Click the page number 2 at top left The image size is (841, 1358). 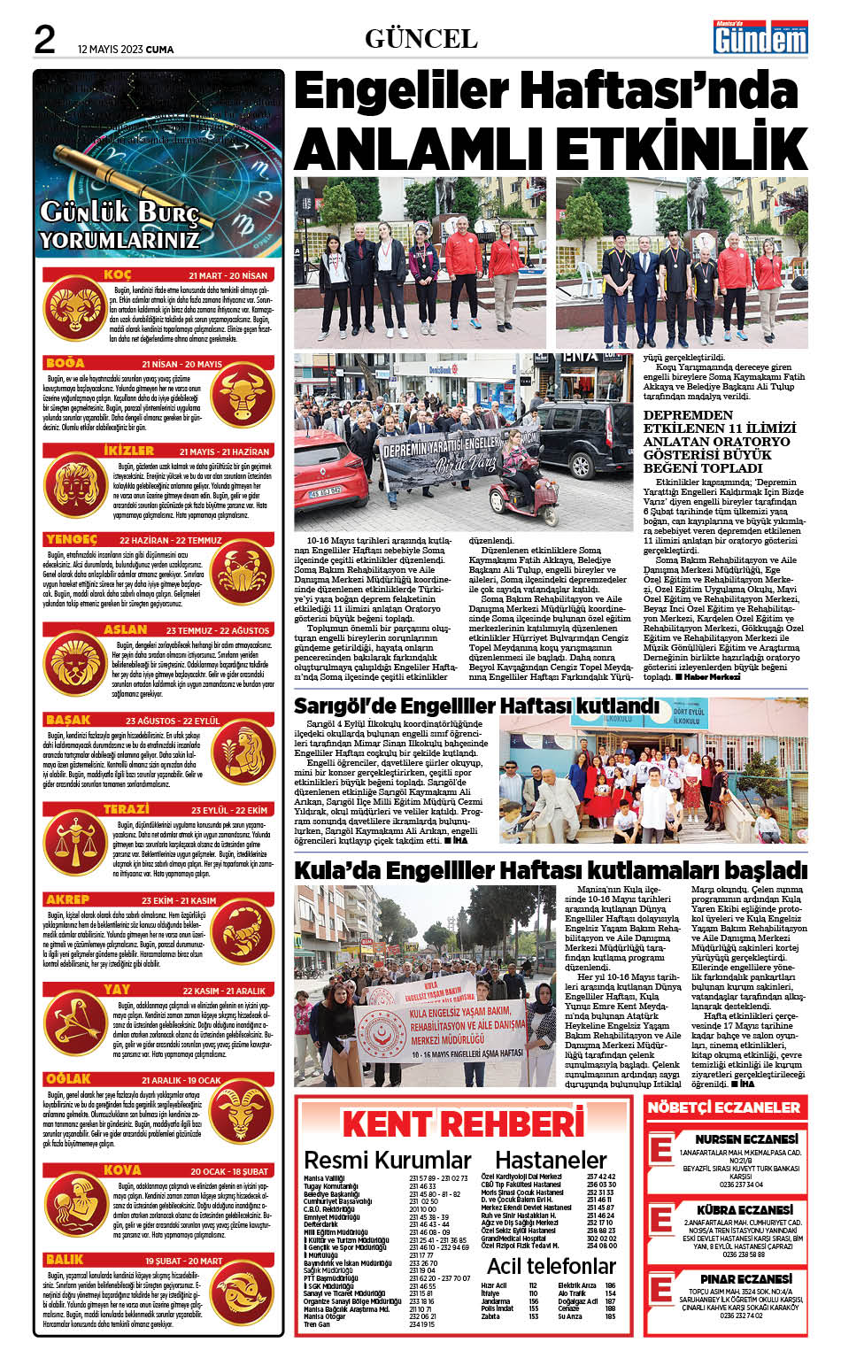pyautogui.click(x=44, y=39)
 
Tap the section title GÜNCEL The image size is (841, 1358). pyautogui.click(x=420, y=38)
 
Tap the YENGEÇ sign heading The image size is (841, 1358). pyautogui.click(x=71, y=539)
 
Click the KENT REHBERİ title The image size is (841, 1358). pyautogui.click(x=462, y=1124)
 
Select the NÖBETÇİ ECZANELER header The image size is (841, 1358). pyautogui.click(x=723, y=1107)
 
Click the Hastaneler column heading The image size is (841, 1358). pyautogui.click(x=551, y=1160)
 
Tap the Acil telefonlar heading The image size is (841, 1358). pyautogui.click(x=551, y=1266)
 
